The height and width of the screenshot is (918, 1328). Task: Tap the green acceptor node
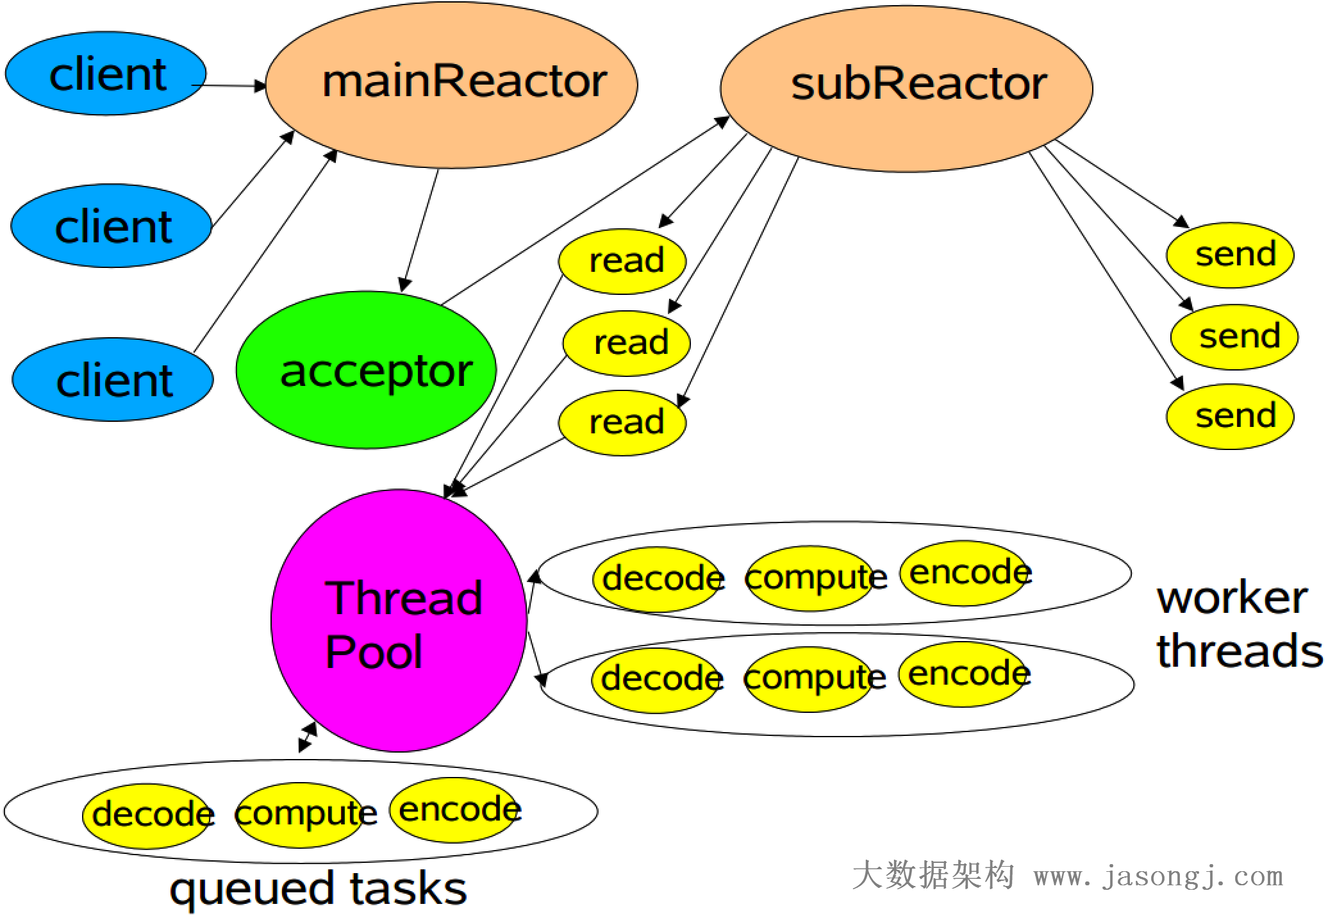[366, 370]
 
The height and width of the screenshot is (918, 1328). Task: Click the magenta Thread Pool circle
[399, 621]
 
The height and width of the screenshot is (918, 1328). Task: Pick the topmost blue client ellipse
[106, 74]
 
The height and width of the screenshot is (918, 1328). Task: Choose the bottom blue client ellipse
[112, 380]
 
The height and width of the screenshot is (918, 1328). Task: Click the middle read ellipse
[626, 343]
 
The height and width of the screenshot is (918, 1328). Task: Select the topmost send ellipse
[1229, 255]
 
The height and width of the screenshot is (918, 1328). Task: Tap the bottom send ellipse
[1229, 417]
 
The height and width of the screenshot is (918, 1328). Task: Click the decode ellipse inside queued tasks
[147, 815]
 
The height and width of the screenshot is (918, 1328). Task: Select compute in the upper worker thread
[809, 578]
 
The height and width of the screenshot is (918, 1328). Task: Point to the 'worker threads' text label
[1237, 625]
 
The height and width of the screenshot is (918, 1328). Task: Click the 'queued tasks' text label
[318, 890]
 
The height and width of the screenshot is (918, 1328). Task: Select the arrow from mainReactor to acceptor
[420, 231]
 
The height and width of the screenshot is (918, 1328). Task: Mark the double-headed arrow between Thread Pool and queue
[308, 737]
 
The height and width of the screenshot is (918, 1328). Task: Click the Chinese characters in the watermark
[933, 876]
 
